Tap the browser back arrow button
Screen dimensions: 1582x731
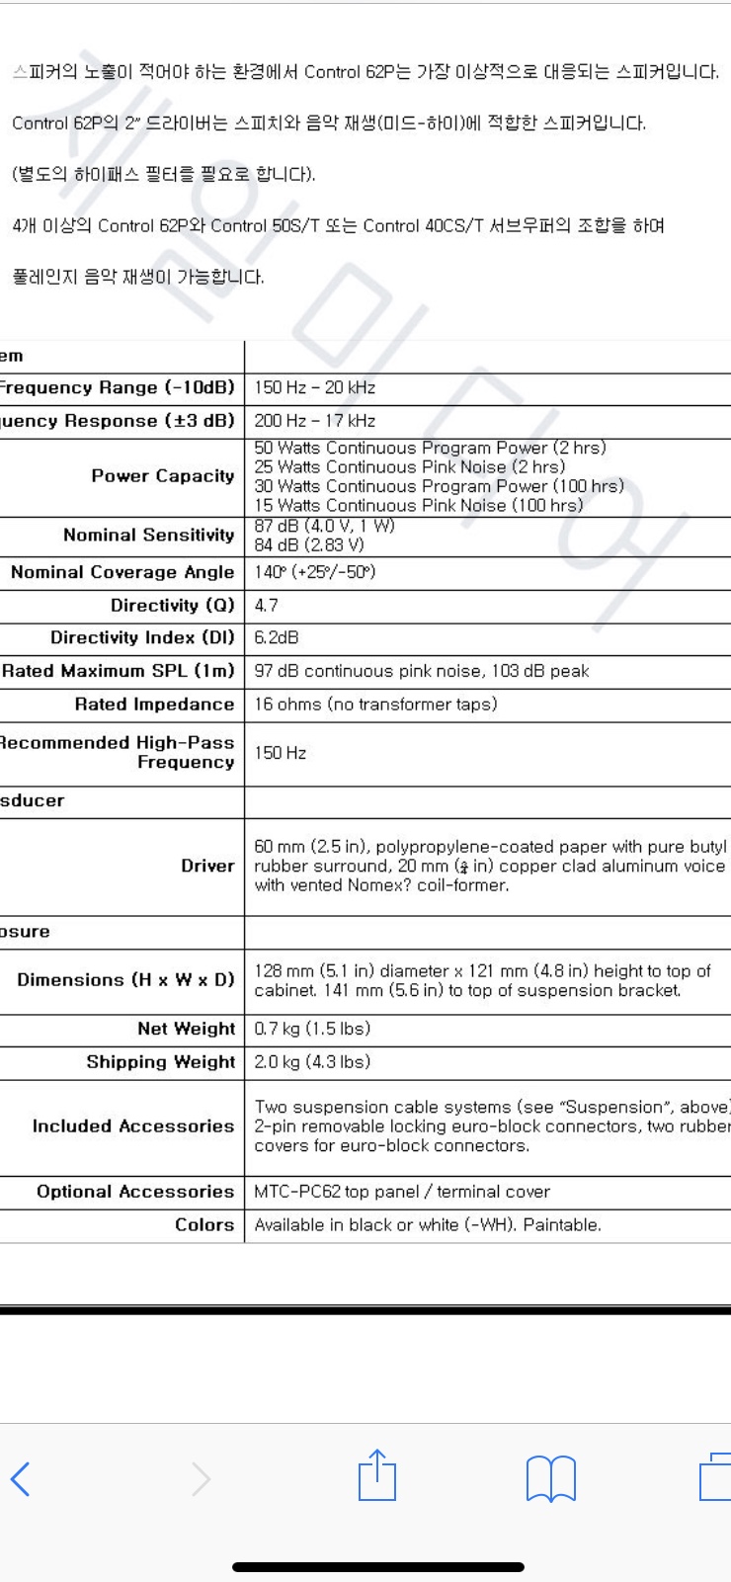[21, 1479]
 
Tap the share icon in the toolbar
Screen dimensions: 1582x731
[376, 1476]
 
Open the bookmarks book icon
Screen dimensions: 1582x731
[550, 1479]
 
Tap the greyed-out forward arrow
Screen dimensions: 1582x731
[202, 1479]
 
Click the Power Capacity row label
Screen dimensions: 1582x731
[162, 476]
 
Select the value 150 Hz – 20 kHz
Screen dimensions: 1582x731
[315, 388]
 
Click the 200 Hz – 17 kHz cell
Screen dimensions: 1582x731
[315, 421]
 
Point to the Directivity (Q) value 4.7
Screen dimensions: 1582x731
[267, 605]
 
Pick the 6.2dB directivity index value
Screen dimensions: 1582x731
[277, 638]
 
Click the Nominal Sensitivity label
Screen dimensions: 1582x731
[148, 536]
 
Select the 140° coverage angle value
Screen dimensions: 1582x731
[315, 572]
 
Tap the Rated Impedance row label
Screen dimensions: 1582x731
[154, 705]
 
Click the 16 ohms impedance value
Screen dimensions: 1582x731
[375, 705]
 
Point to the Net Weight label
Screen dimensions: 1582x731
[186, 1029]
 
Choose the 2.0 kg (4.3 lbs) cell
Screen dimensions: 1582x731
[312, 1062]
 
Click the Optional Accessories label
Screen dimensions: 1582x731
[135, 1192]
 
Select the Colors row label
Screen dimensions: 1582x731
[204, 1225]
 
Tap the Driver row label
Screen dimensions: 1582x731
[207, 866]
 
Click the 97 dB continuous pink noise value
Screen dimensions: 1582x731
[422, 671]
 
